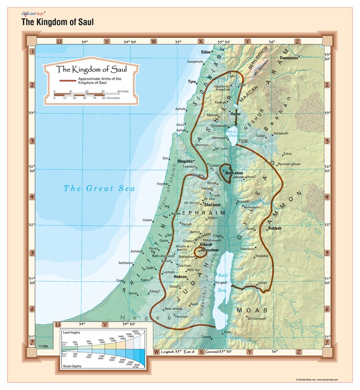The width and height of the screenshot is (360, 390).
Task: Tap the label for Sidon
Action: tap(206, 52)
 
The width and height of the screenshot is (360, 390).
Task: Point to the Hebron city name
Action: tap(180, 277)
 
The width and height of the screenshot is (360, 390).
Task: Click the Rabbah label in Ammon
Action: tap(275, 228)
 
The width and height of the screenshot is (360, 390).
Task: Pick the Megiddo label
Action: tap(185, 161)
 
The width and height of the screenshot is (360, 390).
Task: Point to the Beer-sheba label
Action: tap(173, 309)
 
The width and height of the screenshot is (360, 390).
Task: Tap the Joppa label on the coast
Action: tap(147, 220)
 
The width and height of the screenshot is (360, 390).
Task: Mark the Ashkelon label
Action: tap(126, 263)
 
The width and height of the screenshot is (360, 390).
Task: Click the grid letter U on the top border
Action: tap(59, 41)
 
